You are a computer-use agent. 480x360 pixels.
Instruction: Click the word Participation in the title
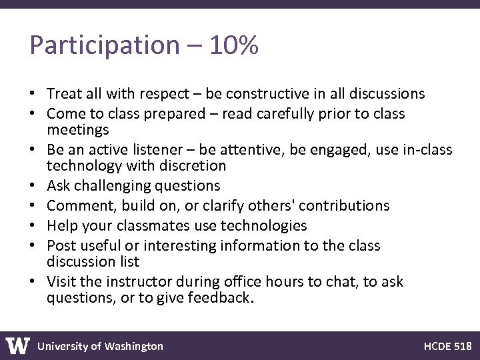104,45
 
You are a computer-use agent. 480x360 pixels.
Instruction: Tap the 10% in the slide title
233,45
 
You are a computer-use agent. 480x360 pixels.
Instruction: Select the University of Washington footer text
100,346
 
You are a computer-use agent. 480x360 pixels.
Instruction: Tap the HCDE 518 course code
447,346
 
